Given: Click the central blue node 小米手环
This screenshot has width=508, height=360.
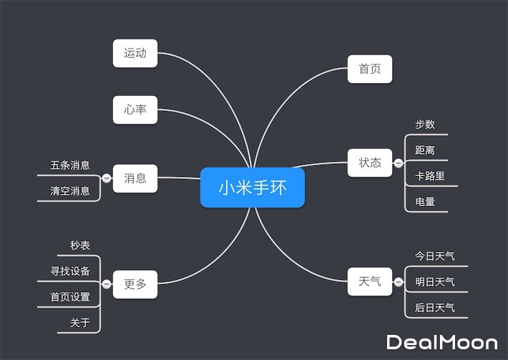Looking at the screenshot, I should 253,188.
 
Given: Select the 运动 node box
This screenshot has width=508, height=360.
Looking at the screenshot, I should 135,54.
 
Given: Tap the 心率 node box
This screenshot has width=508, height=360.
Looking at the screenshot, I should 135,110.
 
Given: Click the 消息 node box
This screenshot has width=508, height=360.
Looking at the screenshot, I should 135,178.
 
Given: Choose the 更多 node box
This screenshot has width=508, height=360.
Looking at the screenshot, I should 135,284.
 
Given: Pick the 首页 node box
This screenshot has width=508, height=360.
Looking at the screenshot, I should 370,69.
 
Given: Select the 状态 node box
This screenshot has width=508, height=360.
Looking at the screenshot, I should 370,162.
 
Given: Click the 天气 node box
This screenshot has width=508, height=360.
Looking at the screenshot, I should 370,281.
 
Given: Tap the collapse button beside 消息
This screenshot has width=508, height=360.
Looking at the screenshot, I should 107,178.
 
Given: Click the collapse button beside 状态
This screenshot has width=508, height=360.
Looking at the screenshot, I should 398,162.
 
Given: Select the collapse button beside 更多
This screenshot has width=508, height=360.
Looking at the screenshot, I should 107,284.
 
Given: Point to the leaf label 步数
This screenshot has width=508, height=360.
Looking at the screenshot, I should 425,125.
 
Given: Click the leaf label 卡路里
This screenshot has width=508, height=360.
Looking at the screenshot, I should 430,176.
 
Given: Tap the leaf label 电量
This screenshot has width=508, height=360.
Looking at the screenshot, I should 425,202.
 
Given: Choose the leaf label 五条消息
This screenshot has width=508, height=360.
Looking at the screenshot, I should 70,165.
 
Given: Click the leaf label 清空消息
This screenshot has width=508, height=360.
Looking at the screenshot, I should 70,191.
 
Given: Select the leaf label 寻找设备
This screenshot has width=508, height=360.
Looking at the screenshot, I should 70,271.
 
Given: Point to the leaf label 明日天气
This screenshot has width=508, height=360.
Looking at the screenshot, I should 435,281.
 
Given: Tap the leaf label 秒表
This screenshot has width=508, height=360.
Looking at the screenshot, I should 80,245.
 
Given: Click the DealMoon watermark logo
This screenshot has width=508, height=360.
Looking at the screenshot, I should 441,342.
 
